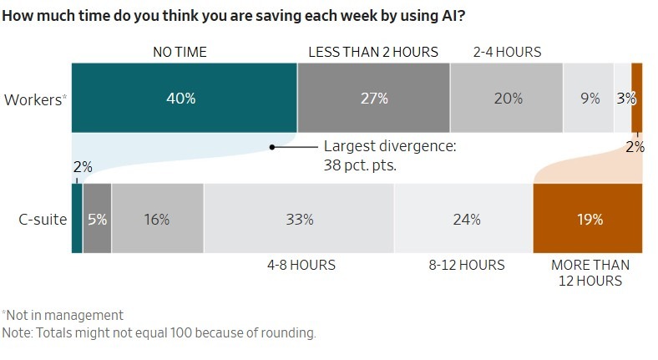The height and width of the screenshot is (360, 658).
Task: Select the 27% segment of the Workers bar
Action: coord(373,98)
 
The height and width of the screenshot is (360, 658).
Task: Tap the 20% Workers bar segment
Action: coord(507,98)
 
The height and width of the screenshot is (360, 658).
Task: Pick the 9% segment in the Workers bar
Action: coord(590,98)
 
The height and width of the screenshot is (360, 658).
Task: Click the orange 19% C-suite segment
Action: coord(588,219)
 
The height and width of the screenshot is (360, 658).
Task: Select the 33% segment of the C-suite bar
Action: coord(299,219)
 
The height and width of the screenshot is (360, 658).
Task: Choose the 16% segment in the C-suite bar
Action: coord(157,219)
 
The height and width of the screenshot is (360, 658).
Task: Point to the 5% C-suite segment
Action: coord(97,219)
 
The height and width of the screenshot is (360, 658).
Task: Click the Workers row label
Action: coord(35,99)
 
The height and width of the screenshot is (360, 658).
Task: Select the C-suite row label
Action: coord(43,220)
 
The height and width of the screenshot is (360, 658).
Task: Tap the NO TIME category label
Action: coord(180,52)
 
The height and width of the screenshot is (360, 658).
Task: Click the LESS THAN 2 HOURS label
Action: coord(373,52)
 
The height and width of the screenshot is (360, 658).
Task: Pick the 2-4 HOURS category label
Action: coord(507,52)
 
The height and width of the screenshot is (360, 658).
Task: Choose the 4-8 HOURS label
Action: coord(301,265)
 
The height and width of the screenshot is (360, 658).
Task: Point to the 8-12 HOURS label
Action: coord(467,265)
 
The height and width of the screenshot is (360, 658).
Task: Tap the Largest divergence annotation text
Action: coord(390,155)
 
